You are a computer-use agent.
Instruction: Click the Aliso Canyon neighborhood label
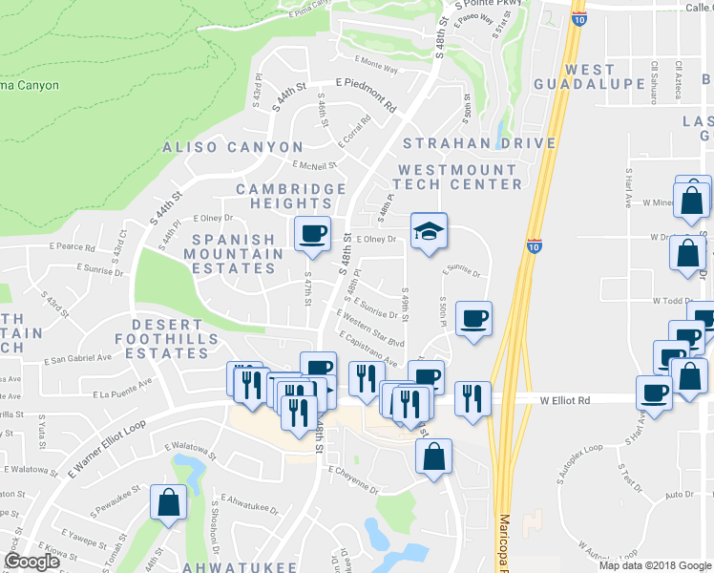pos(233,147)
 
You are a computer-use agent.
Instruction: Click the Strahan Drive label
pos(479,143)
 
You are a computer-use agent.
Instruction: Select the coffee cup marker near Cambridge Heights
pos(311,234)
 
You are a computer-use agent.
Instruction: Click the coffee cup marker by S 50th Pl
pos(473,319)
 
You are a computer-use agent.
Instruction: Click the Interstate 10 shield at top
pos(579,15)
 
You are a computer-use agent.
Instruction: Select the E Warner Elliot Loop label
pos(107,450)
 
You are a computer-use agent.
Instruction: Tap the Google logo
pos(31,562)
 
